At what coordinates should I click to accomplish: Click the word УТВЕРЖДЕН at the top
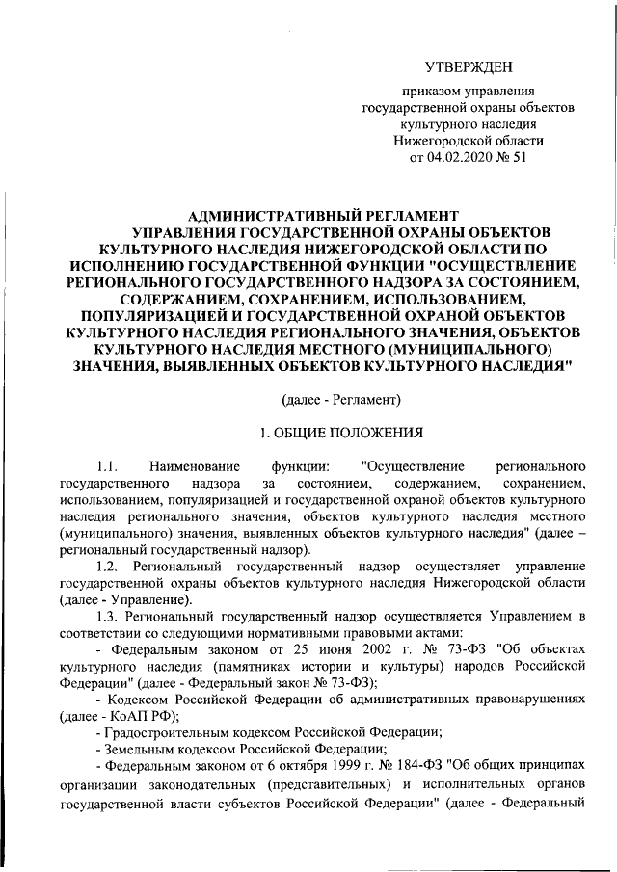(469, 66)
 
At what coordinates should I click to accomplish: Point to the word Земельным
(144, 753)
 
